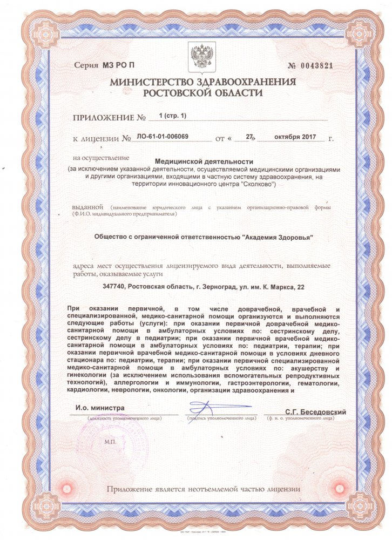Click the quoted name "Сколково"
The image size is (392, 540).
coord(258,184)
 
